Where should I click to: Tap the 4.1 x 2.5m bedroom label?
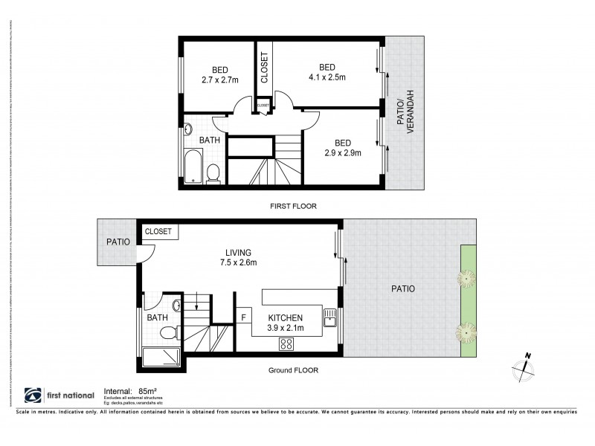click(x=327, y=71)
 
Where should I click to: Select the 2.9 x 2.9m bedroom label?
click(x=342, y=148)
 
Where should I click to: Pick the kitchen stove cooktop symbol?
click(x=286, y=343)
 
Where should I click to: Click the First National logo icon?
click(x=33, y=395)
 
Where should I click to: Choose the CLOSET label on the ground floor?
click(x=158, y=232)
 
